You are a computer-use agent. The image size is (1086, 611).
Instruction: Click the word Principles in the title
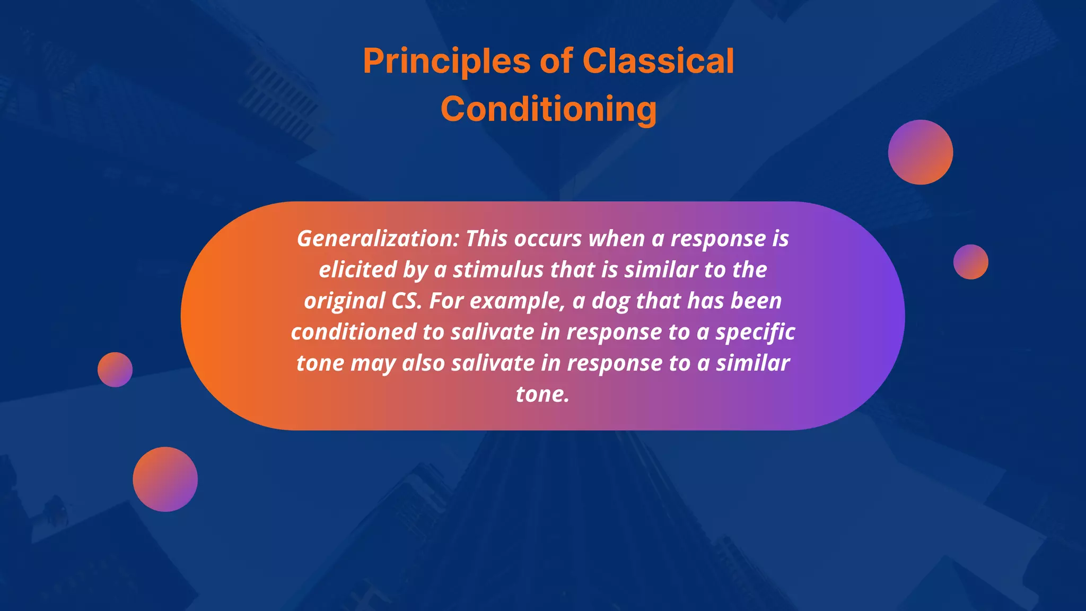[446, 62]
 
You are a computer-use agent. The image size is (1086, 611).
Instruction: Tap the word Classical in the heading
[658, 62]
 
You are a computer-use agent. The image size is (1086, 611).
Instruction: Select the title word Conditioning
[548, 109]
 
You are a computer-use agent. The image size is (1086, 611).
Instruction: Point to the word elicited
[357, 270]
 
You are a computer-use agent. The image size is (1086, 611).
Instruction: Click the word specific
[755, 332]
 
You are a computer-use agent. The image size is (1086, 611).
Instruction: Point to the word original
[344, 301]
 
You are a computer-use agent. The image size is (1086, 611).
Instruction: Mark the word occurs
[548, 239]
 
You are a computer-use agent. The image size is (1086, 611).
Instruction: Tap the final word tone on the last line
[542, 394]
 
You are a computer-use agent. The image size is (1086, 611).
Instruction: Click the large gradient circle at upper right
[920, 152]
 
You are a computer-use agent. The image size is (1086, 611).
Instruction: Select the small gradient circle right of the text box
[970, 262]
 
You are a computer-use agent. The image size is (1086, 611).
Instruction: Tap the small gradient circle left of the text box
[115, 370]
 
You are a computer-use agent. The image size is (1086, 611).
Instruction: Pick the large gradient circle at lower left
[165, 479]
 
